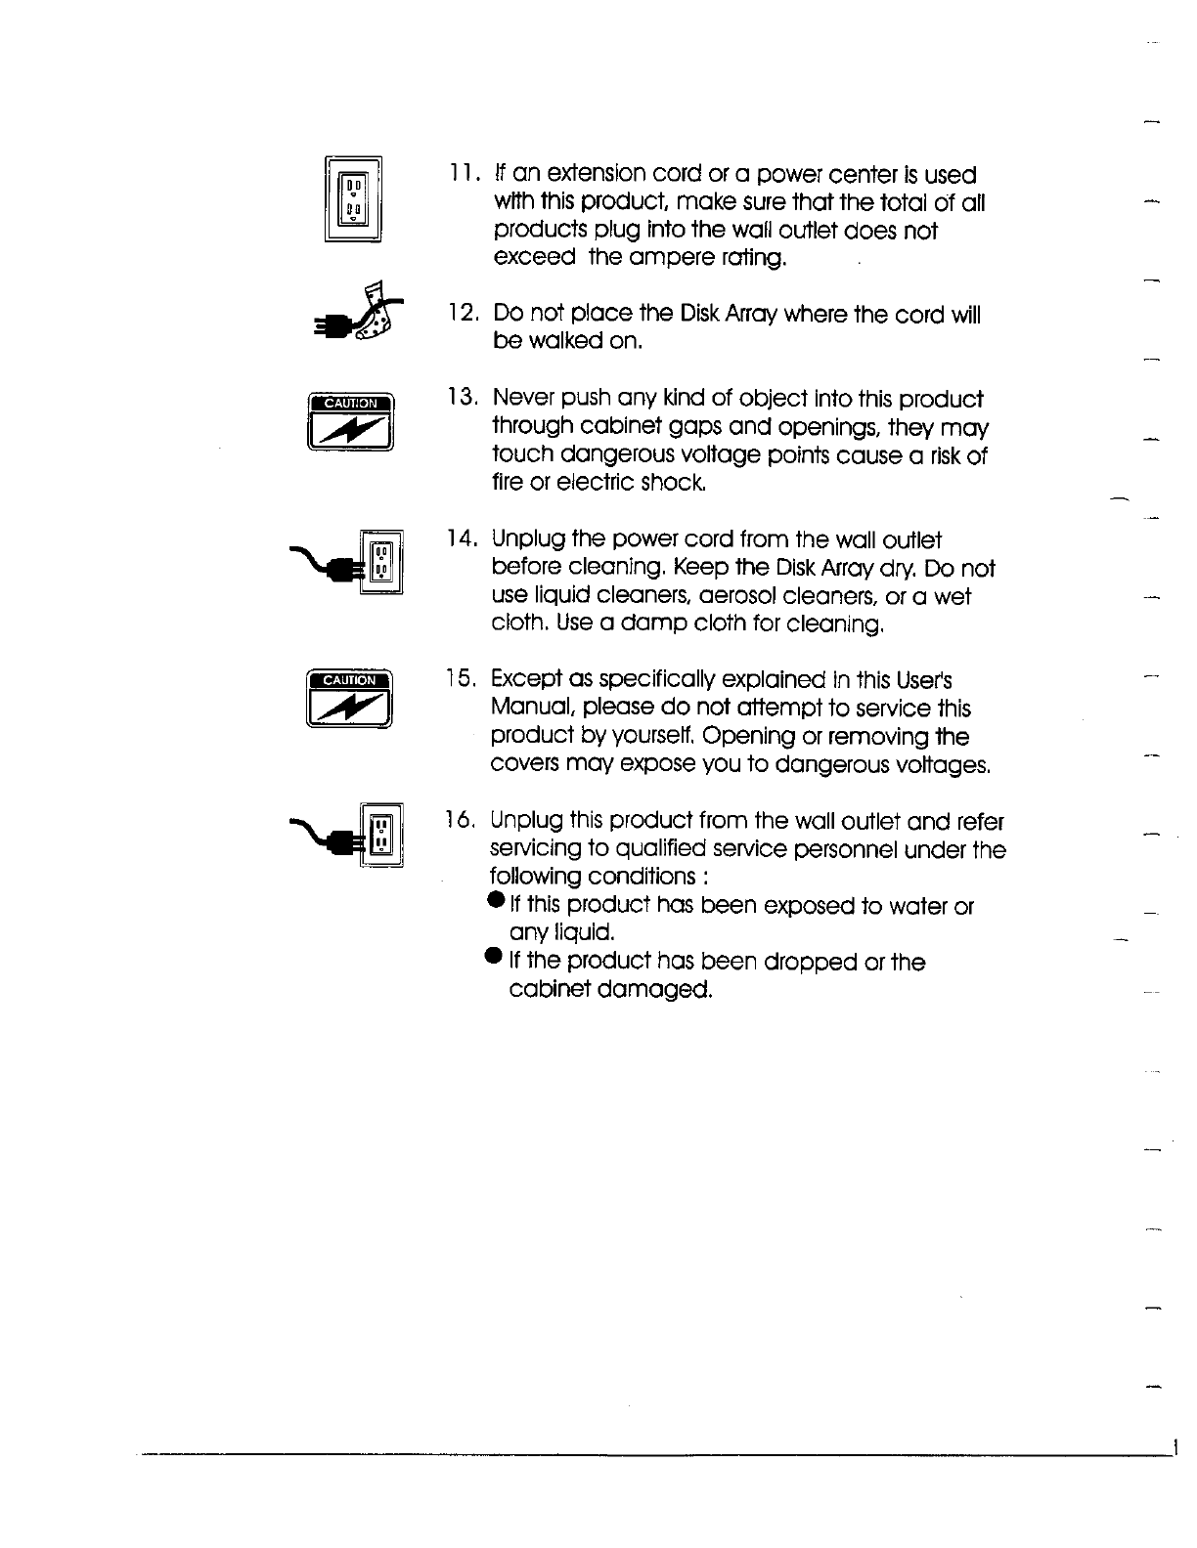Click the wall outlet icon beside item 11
point(353,198)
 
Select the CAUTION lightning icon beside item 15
point(350,700)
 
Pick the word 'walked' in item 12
point(562,342)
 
